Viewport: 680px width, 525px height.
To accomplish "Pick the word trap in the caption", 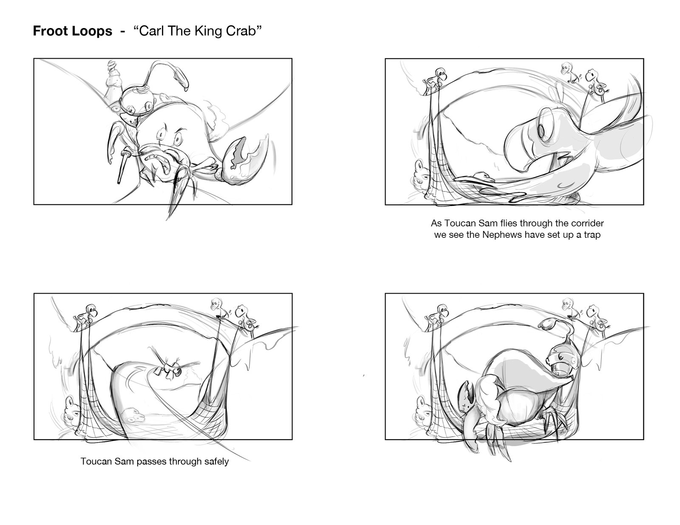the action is coord(592,235).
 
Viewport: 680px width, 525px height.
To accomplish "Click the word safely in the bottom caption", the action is coord(216,462).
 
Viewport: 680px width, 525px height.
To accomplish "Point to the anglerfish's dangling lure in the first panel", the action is coord(182,79).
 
